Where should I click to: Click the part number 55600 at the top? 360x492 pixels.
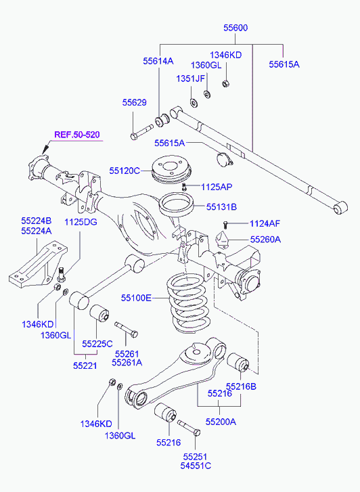(x=235, y=28)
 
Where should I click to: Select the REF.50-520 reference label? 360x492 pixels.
(x=77, y=135)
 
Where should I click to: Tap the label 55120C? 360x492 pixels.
(x=125, y=171)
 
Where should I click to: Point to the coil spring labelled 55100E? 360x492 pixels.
(x=187, y=302)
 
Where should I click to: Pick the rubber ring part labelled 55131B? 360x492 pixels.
(x=177, y=205)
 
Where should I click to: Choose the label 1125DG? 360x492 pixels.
(x=81, y=222)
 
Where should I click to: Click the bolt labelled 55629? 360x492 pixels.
(x=142, y=132)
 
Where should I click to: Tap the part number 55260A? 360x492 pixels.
(x=265, y=240)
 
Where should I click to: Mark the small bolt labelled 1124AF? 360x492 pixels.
(x=225, y=225)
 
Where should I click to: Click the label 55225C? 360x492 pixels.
(x=97, y=344)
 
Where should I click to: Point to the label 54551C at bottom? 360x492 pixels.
(x=196, y=466)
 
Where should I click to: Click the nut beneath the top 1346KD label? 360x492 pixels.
(x=225, y=83)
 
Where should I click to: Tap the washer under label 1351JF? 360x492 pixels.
(x=194, y=102)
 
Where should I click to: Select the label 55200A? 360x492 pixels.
(x=221, y=422)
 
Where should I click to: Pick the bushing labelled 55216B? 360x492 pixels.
(x=238, y=363)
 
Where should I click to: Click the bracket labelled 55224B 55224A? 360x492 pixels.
(x=38, y=264)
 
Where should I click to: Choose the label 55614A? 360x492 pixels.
(x=158, y=60)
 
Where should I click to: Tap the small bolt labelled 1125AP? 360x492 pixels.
(x=184, y=187)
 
